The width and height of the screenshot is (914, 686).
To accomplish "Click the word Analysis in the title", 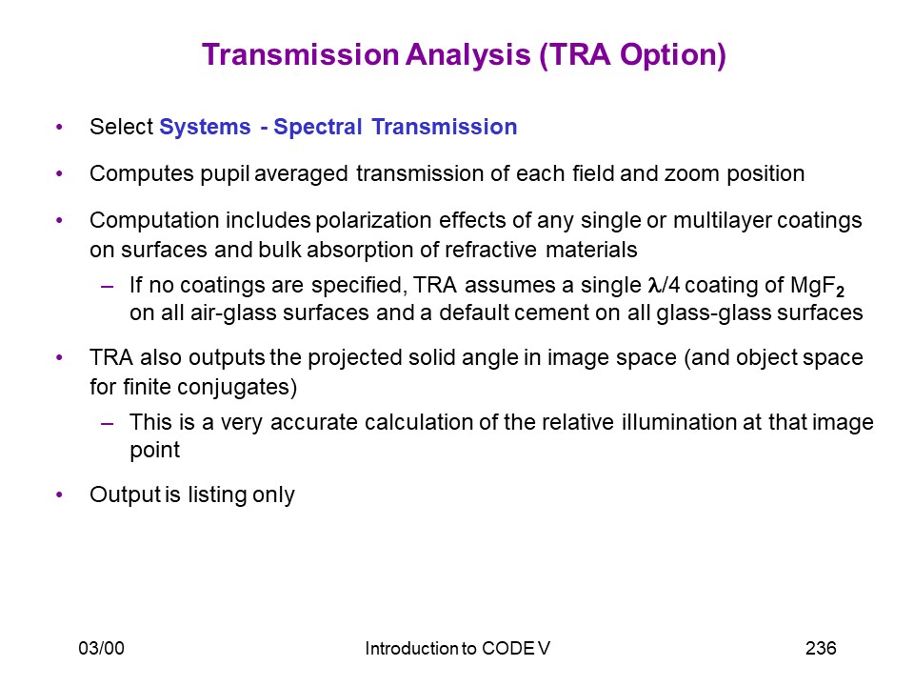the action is pyautogui.click(x=468, y=55).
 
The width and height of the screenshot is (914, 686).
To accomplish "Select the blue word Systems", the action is pyautogui.click(x=206, y=127).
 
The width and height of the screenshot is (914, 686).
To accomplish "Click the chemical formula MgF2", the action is pyautogui.click(x=817, y=286).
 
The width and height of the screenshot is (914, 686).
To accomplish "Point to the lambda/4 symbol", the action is pyautogui.click(x=664, y=285).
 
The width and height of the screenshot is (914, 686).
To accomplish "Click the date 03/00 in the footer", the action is pyautogui.click(x=102, y=648).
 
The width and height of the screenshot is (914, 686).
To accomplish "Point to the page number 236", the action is pyautogui.click(x=821, y=648).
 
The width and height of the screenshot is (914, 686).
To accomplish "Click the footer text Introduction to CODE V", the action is pyautogui.click(x=457, y=648).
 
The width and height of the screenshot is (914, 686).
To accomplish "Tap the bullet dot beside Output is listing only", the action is pyautogui.click(x=59, y=494).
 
